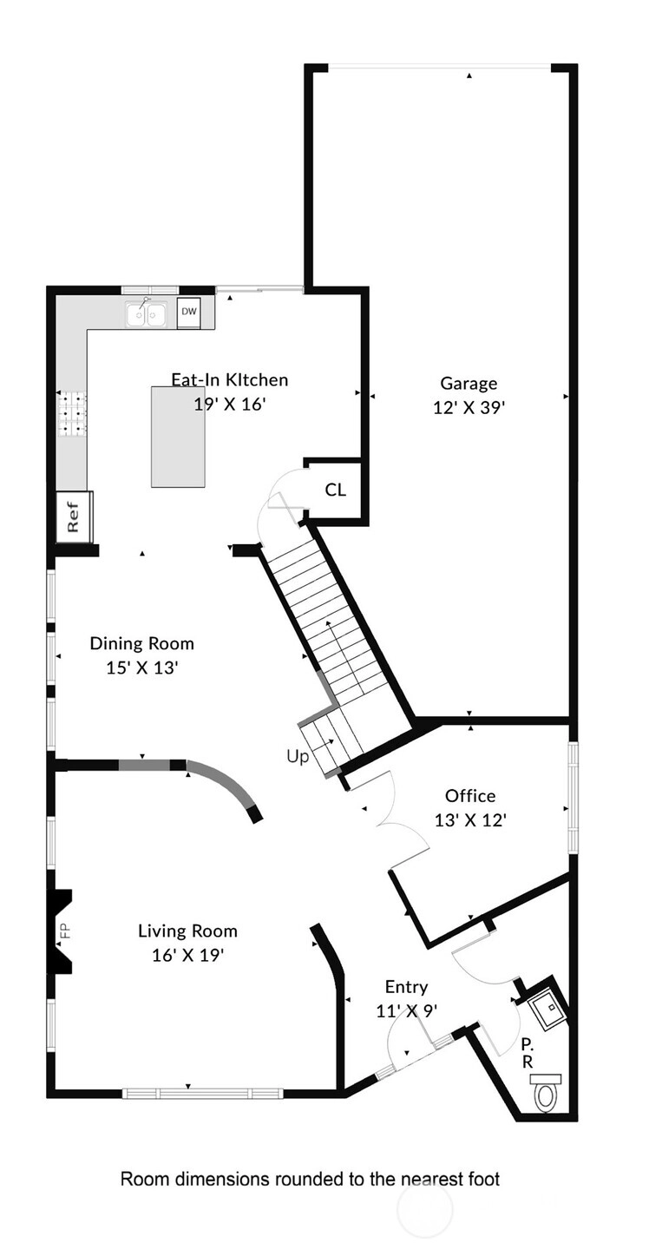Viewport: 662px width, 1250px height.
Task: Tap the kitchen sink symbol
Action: point(146,313)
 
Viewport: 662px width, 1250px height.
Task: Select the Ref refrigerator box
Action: point(74,516)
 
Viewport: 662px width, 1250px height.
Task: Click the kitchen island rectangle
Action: point(178,437)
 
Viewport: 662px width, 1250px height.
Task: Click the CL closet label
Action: point(335,490)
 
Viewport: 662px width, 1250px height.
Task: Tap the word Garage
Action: point(469,384)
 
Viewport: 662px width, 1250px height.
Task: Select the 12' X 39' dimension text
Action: point(469,408)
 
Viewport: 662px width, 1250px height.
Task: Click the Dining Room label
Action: point(141,643)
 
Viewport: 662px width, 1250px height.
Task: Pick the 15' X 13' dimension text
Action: point(141,668)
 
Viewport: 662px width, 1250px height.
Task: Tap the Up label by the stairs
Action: point(298,757)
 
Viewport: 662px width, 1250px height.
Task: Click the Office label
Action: point(470,796)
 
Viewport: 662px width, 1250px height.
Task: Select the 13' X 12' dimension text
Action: point(470,820)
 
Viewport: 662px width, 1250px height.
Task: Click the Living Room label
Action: point(188,931)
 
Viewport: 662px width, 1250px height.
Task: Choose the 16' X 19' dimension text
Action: point(188,956)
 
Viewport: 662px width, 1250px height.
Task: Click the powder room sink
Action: point(544,1010)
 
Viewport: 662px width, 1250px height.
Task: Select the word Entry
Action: point(406,987)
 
